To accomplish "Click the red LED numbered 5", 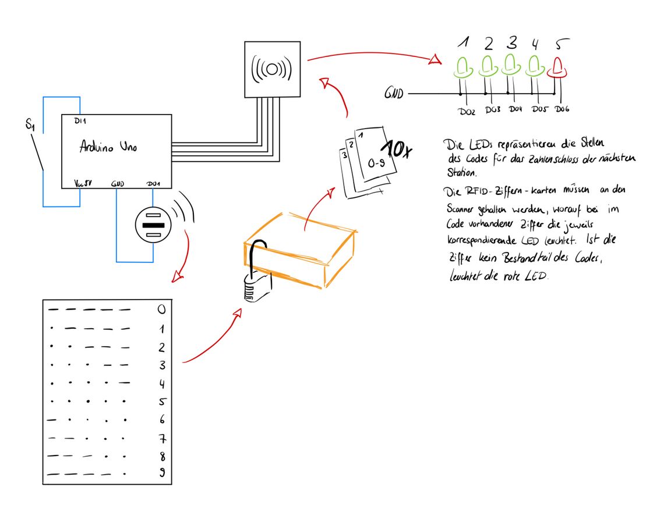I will click(557, 68).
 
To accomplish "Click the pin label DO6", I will click(561, 109).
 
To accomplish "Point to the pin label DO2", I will click(467, 111).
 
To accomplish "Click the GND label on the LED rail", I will click(394, 93).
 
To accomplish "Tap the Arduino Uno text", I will click(108, 147).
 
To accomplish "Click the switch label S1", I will click(30, 124).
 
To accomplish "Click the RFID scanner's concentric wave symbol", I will click(271, 69).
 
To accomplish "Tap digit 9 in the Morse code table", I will click(162, 474).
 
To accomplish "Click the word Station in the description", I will click(461, 172).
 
